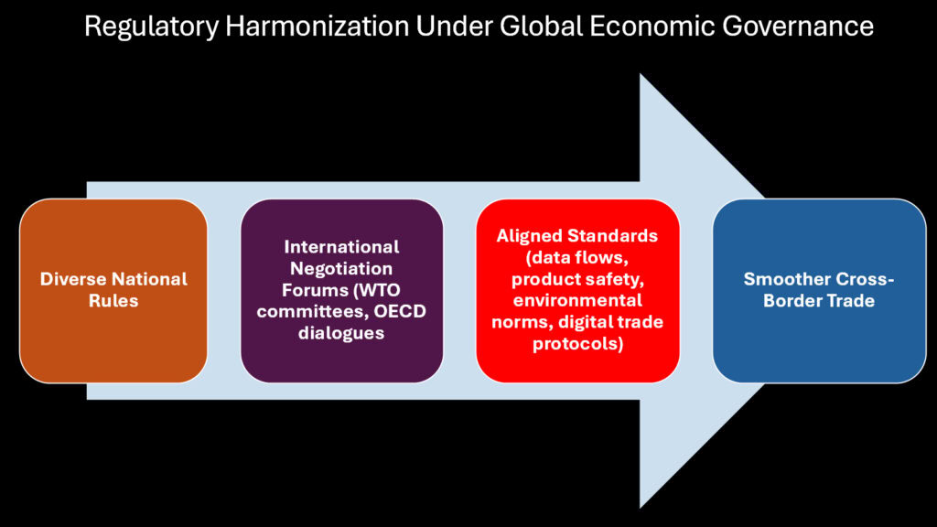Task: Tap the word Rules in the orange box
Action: [113, 300]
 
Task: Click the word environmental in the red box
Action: [577, 300]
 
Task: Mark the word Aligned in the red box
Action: [528, 236]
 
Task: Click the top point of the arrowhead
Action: [641, 76]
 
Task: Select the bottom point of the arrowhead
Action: [641, 505]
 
